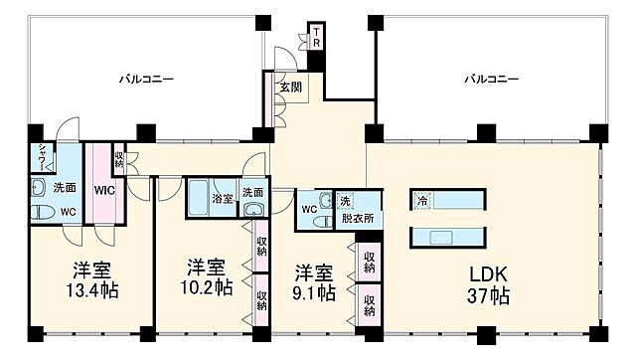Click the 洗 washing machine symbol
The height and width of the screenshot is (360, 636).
click(x=346, y=199)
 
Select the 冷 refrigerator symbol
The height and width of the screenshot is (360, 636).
click(x=421, y=200)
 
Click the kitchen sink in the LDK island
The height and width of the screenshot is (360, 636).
click(x=438, y=236)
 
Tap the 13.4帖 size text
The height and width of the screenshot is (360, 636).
click(x=90, y=292)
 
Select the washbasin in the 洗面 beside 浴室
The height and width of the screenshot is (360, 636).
click(x=252, y=210)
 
